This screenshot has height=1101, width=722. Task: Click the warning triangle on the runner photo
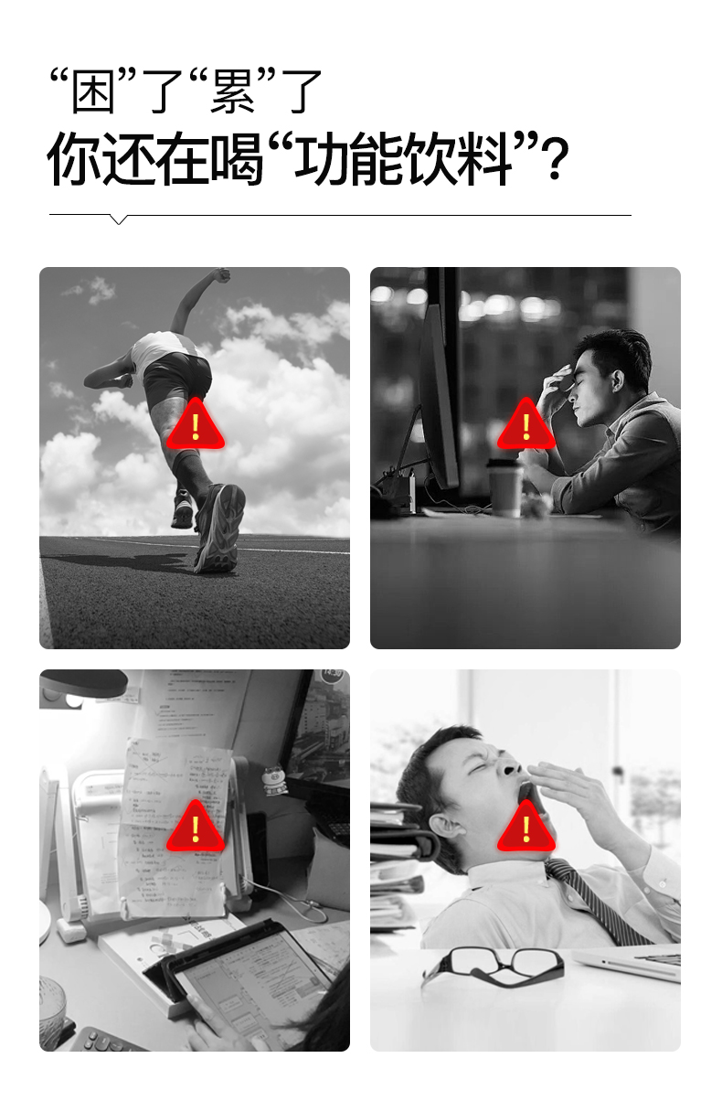[x=195, y=425]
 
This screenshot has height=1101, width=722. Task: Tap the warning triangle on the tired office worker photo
[x=526, y=425]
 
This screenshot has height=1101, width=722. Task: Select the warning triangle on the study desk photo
[x=195, y=828]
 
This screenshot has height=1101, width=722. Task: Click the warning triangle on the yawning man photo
[x=526, y=828]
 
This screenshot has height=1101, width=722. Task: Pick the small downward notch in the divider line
[x=118, y=219]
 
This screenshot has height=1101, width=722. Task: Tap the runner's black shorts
[x=178, y=375]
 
